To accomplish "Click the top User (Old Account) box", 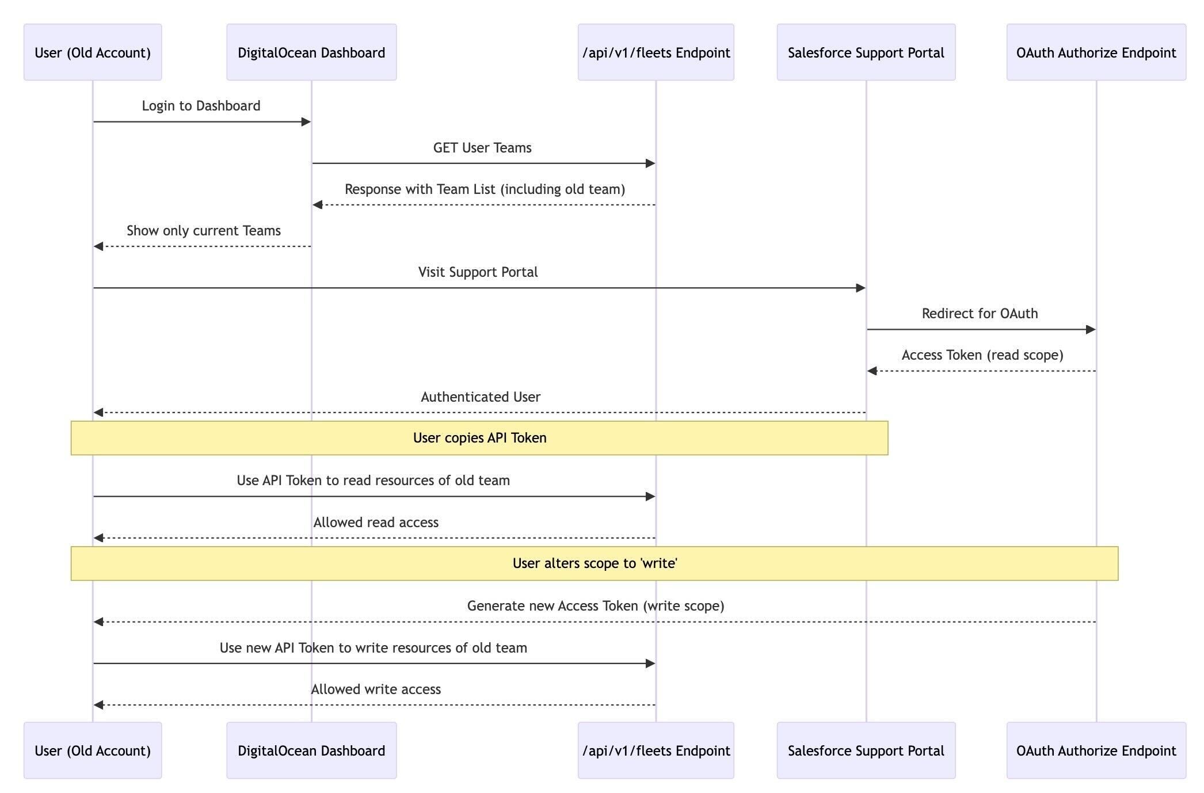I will [x=92, y=52].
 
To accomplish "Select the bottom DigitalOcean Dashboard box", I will [x=311, y=750].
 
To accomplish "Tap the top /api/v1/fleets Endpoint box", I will [x=656, y=52].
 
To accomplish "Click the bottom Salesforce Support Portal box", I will [x=866, y=750].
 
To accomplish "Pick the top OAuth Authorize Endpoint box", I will [x=1096, y=52].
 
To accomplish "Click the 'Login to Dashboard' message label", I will [x=201, y=106].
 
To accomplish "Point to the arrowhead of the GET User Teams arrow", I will [x=650, y=163].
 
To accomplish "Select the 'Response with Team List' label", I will [x=485, y=189].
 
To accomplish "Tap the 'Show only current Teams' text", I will [x=203, y=231].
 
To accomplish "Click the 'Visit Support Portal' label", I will [x=478, y=272].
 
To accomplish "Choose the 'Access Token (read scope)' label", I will [x=982, y=355].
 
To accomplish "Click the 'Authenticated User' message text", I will [x=480, y=397].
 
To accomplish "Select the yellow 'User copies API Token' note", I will [x=479, y=438].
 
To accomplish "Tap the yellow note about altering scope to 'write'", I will [x=594, y=563].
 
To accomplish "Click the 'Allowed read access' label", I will [x=375, y=523].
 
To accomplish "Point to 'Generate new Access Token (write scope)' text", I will [x=595, y=606].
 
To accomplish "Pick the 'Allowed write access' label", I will [x=375, y=689].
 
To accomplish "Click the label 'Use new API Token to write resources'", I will [x=373, y=648].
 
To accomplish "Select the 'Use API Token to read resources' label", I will [x=373, y=481].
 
